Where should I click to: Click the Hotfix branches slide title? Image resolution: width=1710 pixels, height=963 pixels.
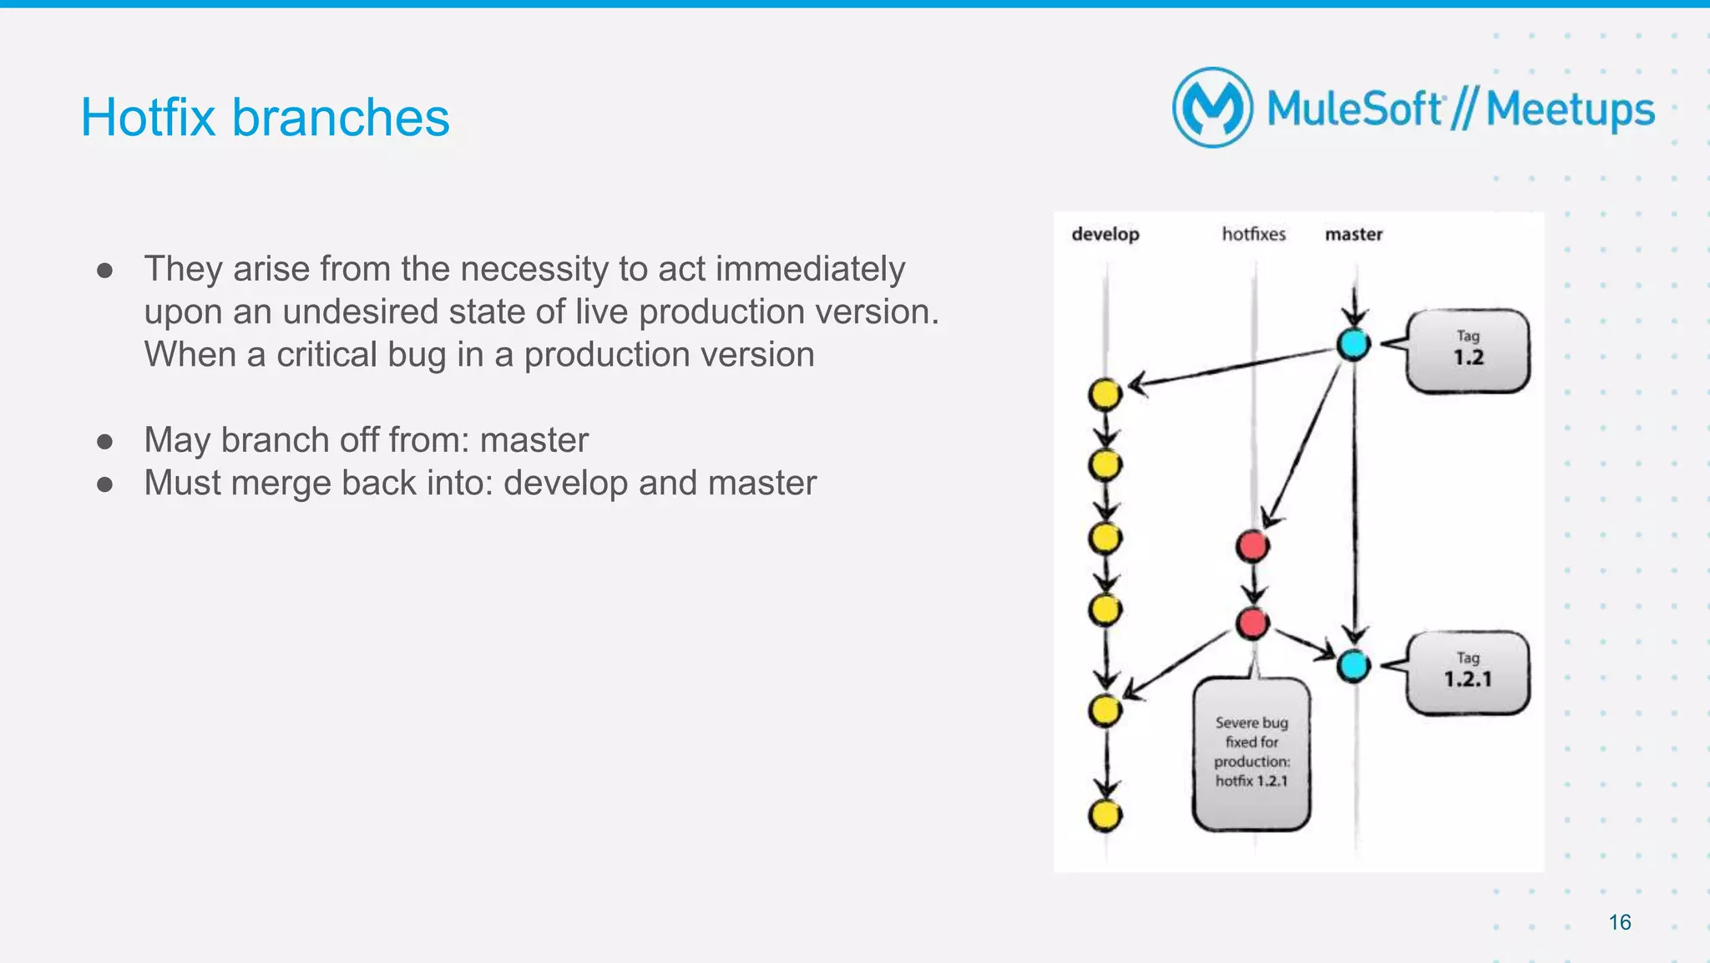coord(265,117)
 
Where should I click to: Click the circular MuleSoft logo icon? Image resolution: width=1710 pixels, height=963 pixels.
coord(1212,108)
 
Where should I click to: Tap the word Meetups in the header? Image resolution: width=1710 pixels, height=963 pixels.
coord(1570,110)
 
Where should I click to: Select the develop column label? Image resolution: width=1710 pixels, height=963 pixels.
coord(1105,235)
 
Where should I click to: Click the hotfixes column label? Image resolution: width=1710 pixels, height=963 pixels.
coord(1253,235)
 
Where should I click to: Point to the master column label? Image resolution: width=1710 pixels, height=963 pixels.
coord(1353,235)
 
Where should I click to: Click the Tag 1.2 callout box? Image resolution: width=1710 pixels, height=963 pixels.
coord(1468,351)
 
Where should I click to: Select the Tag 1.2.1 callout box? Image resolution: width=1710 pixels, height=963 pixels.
coord(1468,672)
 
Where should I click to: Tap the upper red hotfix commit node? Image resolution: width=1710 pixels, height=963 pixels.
coord(1252,546)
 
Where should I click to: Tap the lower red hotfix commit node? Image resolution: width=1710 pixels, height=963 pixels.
coord(1252,622)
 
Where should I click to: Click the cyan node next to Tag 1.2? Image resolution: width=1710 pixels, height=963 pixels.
coord(1353,343)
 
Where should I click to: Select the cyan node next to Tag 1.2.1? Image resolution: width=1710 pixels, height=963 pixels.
coord(1353,666)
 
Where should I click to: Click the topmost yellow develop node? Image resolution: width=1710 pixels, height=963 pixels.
coord(1105,393)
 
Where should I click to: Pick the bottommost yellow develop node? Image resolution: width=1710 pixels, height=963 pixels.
coord(1105,814)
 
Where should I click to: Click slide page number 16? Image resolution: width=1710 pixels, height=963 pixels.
coord(1619,922)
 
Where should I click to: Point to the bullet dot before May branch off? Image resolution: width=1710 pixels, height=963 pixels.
coord(104,441)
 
